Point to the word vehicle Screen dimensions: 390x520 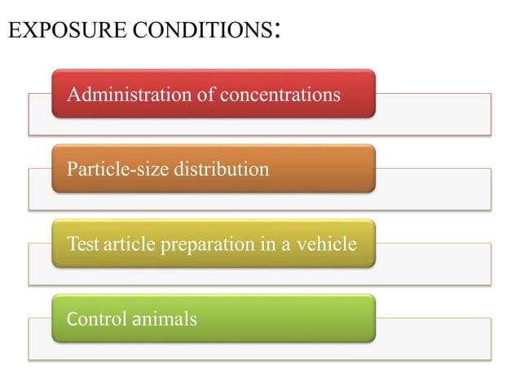click(x=328, y=244)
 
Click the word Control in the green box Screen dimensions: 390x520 click(x=95, y=318)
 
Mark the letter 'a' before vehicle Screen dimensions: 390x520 click(x=287, y=245)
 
